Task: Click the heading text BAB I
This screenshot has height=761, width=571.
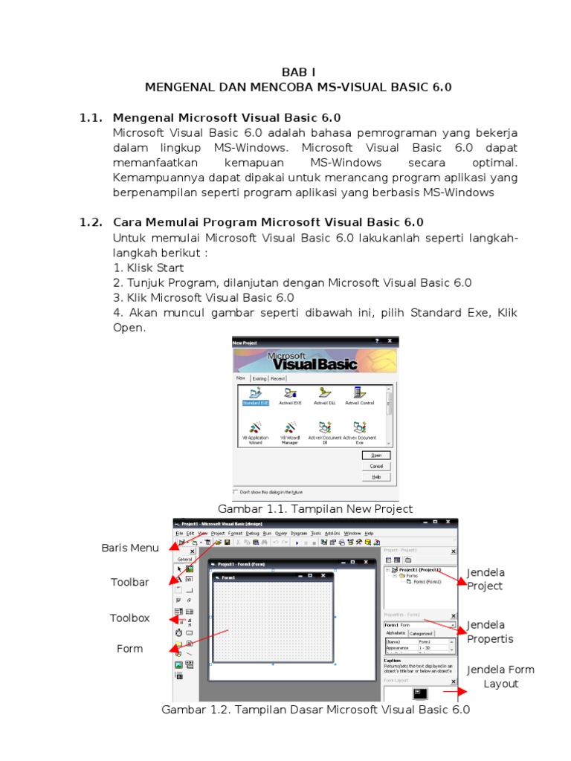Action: [x=298, y=72]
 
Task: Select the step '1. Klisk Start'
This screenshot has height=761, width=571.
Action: [x=149, y=268]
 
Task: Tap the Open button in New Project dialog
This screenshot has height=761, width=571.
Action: [x=376, y=455]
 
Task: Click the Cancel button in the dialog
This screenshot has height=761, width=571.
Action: [x=376, y=466]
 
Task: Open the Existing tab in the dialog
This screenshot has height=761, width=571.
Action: [x=259, y=378]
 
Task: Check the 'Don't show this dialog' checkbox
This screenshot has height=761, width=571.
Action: [x=237, y=492]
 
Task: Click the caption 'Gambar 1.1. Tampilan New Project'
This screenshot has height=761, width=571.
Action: [x=314, y=508]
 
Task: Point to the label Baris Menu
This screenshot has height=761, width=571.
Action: [x=130, y=548]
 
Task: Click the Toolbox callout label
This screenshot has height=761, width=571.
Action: [x=130, y=618]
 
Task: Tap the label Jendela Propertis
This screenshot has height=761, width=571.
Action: [x=490, y=632]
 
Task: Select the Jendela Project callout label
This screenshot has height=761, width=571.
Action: [x=485, y=579]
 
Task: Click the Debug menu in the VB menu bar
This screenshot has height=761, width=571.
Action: [x=253, y=533]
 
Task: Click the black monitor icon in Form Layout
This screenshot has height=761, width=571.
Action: [x=420, y=693]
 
